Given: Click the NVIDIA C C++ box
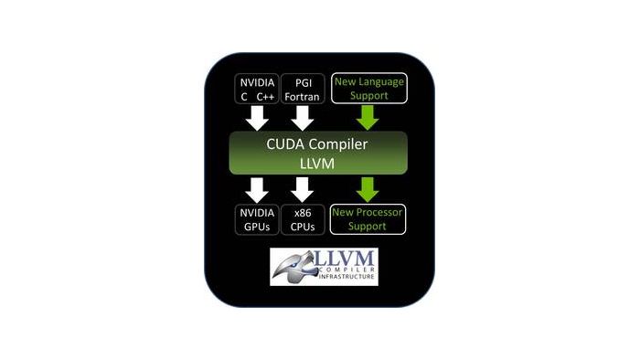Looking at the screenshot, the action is coord(257,89).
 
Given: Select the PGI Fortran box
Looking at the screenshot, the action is coord(303,89).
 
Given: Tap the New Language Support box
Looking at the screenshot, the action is coord(369,88).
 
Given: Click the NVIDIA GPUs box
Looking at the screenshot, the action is coord(257,219).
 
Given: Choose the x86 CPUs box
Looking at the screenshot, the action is coord(303,219).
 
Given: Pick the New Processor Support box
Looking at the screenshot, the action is coord(368,219).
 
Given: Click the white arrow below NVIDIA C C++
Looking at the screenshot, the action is coord(257,118).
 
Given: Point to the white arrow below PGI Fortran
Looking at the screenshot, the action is coord(303,118).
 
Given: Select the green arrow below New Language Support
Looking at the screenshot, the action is coord(368,118).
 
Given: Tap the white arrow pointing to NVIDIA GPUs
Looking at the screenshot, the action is coord(257,190).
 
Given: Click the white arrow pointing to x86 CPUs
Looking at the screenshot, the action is coord(303,190).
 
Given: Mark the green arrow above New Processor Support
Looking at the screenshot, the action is coord(368,189).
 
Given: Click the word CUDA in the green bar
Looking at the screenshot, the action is coord(285,144).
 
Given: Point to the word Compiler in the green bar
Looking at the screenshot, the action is coord(338,144).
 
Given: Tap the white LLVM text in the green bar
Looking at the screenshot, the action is coord(317,164).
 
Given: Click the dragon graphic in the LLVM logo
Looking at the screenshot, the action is coord(293,267).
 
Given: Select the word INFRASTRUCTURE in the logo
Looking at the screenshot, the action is coord(347,277).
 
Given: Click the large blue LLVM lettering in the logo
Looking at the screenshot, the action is coord(345,259).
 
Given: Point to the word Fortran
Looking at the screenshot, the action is coord(302,97).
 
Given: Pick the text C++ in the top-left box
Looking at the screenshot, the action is coord(265,97).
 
